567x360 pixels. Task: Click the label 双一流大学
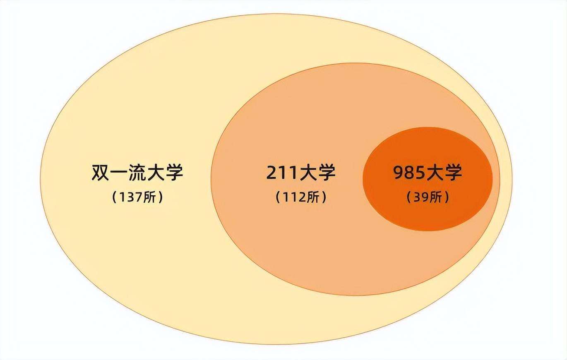coord(137,173)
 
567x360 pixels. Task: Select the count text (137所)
coord(137,197)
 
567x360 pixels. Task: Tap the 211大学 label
coord(301,173)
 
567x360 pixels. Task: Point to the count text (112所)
coord(301,197)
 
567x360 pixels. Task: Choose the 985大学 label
coord(428,173)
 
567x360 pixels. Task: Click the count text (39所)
coord(428,197)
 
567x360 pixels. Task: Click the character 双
coord(101,173)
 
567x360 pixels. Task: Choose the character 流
coord(137,173)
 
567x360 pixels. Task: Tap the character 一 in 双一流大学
coord(119,173)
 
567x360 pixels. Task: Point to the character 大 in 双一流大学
coord(156,173)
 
